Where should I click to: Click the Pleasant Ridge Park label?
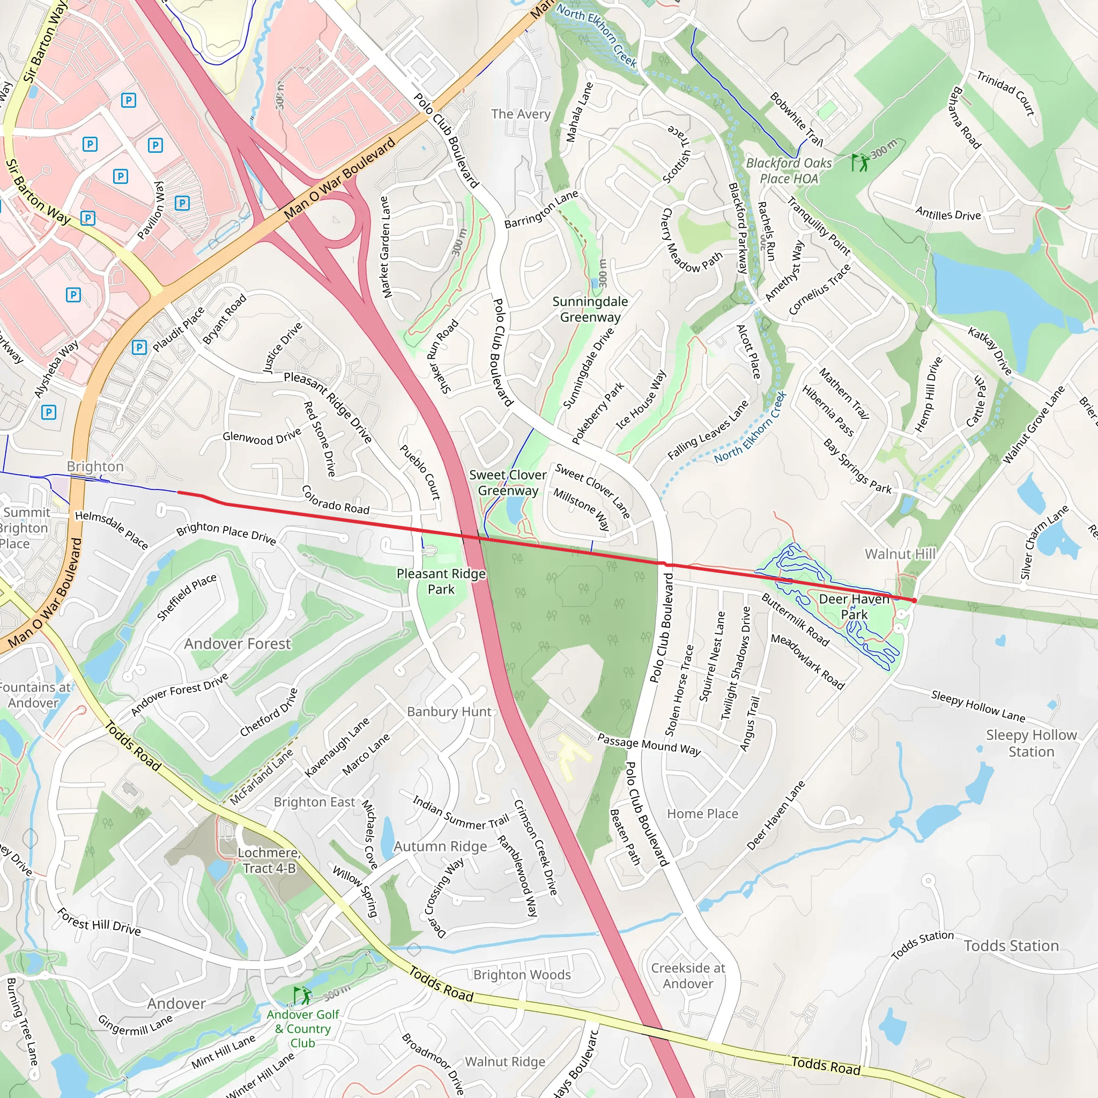point(441,581)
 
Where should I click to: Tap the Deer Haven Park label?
point(854,606)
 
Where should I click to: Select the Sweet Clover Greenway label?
point(508,483)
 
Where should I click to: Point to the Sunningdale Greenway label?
point(590,309)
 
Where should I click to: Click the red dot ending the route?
point(914,600)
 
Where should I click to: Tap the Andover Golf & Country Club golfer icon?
point(302,995)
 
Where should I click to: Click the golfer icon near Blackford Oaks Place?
point(860,162)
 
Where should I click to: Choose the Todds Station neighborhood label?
point(1011,946)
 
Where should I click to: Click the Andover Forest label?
point(237,643)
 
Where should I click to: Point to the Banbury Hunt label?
point(449,711)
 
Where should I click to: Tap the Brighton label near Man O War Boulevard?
point(95,466)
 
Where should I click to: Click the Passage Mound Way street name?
point(649,744)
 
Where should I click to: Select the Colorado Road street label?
point(335,500)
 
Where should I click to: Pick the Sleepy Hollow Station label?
point(1031,743)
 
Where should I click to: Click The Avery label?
point(521,114)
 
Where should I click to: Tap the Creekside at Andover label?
point(688,976)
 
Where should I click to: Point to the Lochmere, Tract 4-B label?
point(269,860)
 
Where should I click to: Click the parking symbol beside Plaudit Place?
point(139,347)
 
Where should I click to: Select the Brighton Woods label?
point(522,975)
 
